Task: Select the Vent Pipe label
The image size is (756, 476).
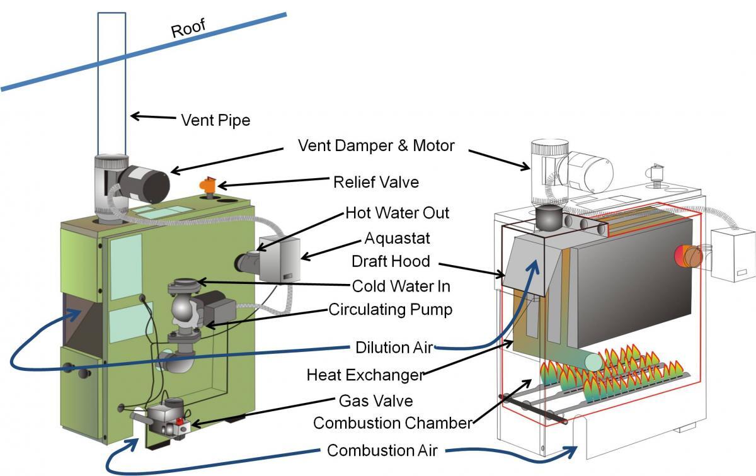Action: (215, 120)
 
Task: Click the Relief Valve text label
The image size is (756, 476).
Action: (376, 183)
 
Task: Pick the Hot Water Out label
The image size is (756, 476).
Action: (397, 213)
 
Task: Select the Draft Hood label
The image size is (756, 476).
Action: (391, 261)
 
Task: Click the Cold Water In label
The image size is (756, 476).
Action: (401, 286)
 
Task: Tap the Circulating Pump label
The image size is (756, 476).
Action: (391, 310)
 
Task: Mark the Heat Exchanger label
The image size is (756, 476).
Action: (365, 375)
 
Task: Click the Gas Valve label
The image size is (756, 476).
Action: (375, 400)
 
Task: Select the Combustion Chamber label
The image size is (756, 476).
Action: (392, 423)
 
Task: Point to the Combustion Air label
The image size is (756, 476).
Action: (382, 451)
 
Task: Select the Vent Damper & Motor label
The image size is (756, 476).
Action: (376, 146)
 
